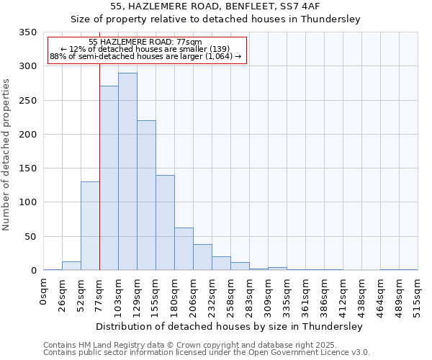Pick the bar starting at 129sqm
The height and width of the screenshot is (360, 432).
pyautogui.click(x=146, y=195)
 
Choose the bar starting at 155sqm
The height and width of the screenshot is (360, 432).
pyautogui.click(x=165, y=222)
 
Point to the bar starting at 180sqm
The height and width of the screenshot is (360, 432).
pyautogui.click(x=184, y=249)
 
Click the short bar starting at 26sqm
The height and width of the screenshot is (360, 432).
pyautogui.click(x=71, y=266)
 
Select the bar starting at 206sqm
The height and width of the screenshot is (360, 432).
pyautogui.click(x=202, y=257)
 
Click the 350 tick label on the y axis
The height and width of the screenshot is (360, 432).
pyautogui.click(x=27, y=32)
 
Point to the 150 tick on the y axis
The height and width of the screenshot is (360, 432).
pyautogui.click(x=27, y=168)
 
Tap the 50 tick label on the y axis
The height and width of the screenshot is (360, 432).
pyautogui.click(x=30, y=236)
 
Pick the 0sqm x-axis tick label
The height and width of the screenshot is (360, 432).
pyautogui.click(x=44, y=293)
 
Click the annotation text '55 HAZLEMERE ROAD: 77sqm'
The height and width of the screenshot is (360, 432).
pyautogui.click(x=145, y=42)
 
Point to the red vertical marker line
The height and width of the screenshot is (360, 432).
pyautogui.click(x=99, y=144)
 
